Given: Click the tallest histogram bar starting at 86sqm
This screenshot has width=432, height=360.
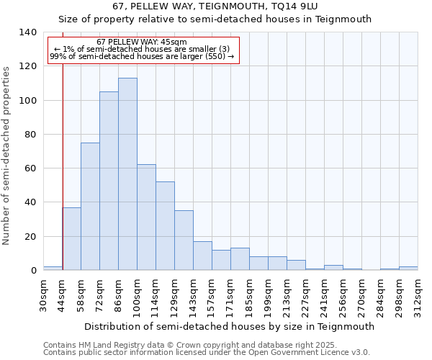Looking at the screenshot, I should pos(127,174).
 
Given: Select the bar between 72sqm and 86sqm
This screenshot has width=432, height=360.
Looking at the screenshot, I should pos(109,181).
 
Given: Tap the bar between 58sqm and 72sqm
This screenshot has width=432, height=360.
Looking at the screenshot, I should pos(90,207).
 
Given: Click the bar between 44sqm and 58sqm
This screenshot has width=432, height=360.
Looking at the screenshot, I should pos(71,238).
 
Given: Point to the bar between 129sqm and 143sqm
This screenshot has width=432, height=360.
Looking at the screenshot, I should pos(184,240).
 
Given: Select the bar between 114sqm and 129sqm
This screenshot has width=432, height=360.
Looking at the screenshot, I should pos(165,226).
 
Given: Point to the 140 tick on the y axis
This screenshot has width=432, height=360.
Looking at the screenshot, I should pos(28,32).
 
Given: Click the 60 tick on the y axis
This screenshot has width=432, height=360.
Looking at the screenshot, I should pos(31,168).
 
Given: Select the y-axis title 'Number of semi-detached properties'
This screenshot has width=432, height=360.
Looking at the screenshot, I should pos(7,156).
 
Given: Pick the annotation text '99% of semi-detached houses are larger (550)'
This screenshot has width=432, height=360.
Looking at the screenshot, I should pos(142,56).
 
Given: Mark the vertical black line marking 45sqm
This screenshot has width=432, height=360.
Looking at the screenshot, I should pos(63,158).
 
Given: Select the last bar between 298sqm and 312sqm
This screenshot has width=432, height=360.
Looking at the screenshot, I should pos(408,269).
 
